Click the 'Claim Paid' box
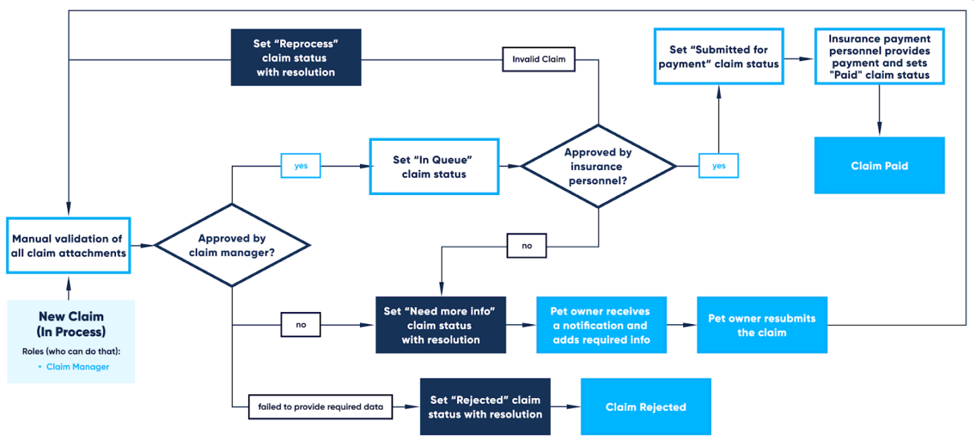coord(879,166)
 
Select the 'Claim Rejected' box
coord(645,407)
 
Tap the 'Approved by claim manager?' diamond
coord(232,245)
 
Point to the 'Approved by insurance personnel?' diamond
coord(598,166)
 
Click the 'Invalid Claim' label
coord(539,59)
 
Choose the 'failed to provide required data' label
coord(320,407)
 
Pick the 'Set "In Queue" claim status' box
coord(434,167)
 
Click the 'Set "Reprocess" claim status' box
coord(296,58)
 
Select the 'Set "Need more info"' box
coord(441,325)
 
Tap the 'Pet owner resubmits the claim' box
coord(762,325)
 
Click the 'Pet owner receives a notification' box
coord(601,325)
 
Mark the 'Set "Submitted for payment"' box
coord(718,56)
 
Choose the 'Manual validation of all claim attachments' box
coord(68,245)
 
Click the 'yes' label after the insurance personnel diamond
coord(718,166)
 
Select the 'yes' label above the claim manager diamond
coord(300,166)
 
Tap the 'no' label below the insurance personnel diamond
coord(527,246)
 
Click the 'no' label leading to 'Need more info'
coord(301,325)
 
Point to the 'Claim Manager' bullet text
coord(77,367)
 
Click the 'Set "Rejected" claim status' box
coord(485,407)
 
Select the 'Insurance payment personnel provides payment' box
coord(879,57)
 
